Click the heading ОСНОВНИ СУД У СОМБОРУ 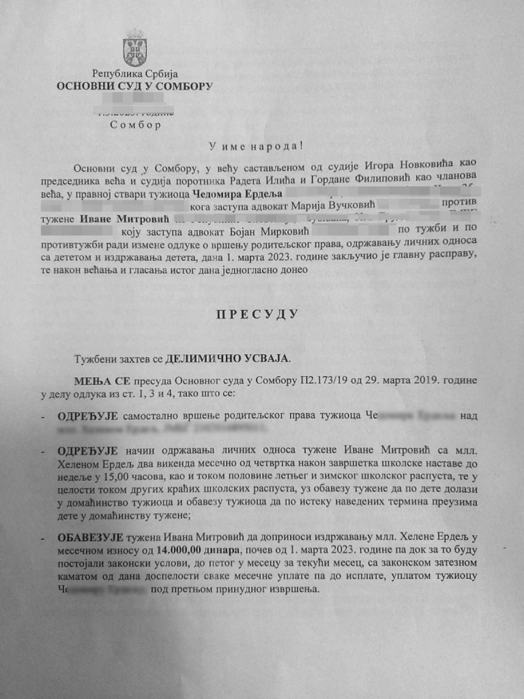(x=134, y=86)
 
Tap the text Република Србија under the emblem (x=134, y=74)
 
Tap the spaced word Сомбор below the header (x=135, y=124)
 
